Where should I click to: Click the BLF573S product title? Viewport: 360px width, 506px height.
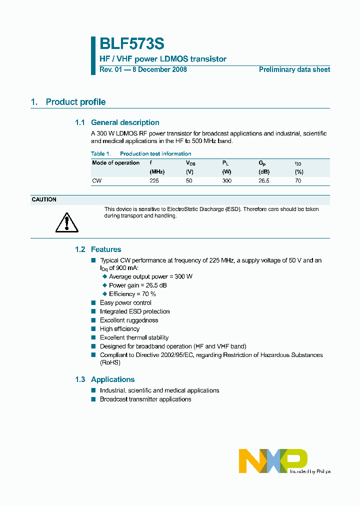pyautogui.click(x=131, y=44)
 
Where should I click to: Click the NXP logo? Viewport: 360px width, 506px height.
pyautogui.click(x=273, y=460)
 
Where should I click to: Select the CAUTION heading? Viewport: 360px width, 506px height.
pyautogui.click(x=44, y=199)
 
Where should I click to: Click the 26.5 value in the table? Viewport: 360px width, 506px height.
pyautogui.click(x=263, y=180)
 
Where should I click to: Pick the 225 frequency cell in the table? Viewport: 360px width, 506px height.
pyautogui.click(x=154, y=180)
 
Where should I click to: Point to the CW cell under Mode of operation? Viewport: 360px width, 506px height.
pyautogui.click(x=96, y=180)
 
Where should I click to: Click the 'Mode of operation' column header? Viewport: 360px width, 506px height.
pyautogui.click(x=115, y=163)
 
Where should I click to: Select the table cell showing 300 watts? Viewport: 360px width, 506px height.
pyautogui.click(x=226, y=180)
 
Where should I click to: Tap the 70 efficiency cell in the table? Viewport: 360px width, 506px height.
pyautogui.click(x=298, y=180)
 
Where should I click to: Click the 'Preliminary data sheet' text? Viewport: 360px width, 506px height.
pyautogui.click(x=294, y=69)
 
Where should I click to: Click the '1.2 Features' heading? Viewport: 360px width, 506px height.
pyautogui.click(x=98, y=249)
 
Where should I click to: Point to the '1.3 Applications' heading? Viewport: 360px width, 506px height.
pyautogui.click(x=104, y=379)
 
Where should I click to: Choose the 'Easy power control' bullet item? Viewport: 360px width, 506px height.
pyautogui.click(x=125, y=302)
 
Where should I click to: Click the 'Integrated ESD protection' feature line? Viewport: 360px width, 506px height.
pyautogui.click(x=134, y=311)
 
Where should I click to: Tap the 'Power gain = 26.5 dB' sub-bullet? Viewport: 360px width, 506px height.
pyautogui.click(x=137, y=285)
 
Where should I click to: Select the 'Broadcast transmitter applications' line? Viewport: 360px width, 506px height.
pyautogui.click(x=145, y=399)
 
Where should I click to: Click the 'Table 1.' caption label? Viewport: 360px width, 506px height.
pyautogui.click(x=100, y=153)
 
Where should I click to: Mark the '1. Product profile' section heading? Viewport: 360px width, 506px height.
pyautogui.click(x=68, y=102)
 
